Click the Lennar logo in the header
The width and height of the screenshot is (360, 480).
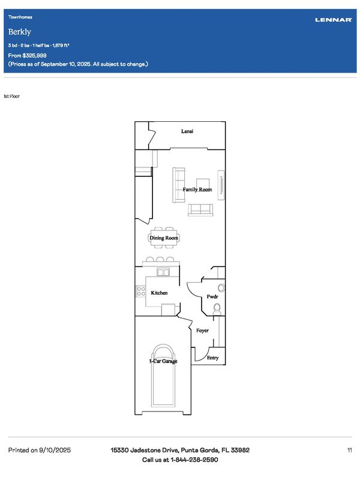pos(334,20)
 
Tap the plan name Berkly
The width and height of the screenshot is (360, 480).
pos(20,32)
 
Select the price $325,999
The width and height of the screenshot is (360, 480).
pos(34,55)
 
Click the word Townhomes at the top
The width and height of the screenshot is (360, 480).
pos(20,17)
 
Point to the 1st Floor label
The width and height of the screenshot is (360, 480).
pos(11,96)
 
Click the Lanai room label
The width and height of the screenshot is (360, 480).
pos(187,131)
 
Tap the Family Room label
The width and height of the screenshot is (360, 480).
pos(197,190)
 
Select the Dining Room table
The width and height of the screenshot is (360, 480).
pos(164,238)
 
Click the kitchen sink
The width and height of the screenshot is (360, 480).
pos(163,272)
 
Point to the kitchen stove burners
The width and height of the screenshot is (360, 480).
pos(141,291)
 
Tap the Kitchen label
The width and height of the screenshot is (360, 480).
pos(159,293)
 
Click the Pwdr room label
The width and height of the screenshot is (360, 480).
pos(212,296)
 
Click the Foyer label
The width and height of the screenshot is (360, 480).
pos(202,331)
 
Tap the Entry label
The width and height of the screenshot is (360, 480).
pos(213,358)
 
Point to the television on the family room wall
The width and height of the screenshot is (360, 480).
pos(221,185)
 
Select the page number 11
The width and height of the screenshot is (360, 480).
pos(350,450)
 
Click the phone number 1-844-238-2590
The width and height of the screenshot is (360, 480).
pos(194,460)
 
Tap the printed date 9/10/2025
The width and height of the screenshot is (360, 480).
pos(55,450)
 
